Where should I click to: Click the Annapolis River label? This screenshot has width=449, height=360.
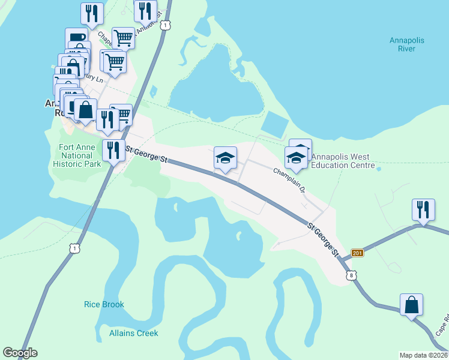coord(406,45)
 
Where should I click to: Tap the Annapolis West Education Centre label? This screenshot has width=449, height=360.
coord(343,161)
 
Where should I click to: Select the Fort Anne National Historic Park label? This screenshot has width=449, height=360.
coord(76,155)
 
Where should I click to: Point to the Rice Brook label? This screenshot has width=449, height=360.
coord(104,304)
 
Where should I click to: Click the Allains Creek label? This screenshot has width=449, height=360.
coord(133,332)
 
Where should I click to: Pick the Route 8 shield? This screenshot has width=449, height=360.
coord(351,275)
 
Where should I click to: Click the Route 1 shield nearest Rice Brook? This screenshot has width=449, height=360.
coord(73,248)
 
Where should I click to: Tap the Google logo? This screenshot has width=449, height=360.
coord(20,353)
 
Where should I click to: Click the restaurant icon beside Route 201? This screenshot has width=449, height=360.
coord(423,210)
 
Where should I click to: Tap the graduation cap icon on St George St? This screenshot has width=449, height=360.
coord(226,158)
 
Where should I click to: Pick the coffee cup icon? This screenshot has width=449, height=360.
coord(76,38)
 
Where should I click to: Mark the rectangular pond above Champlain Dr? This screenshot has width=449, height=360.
coord(275,125)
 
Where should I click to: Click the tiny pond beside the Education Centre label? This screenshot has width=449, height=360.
coord(379,169)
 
